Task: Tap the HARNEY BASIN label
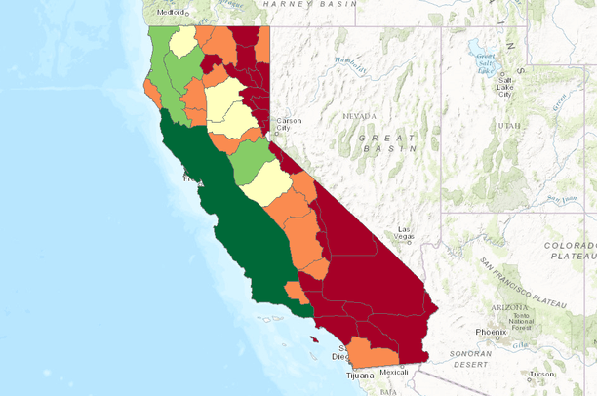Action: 304,4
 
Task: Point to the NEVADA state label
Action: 359,116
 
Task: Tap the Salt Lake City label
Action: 505,85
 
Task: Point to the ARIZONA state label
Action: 510,307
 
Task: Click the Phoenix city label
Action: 492,332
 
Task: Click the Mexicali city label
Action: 394,372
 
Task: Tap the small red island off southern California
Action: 313,340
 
